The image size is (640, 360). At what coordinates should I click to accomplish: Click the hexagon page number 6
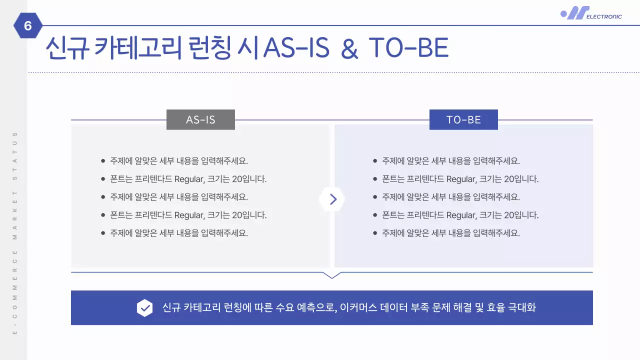pyautogui.click(x=28, y=25)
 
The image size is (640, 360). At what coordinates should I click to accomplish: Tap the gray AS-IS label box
pyautogui.click(x=200, y=120)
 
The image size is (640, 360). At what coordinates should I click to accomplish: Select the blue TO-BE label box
pyautogui.click(x=463, y=120)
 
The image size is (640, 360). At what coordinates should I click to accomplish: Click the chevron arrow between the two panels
pyautogui.click(x=332, y=199)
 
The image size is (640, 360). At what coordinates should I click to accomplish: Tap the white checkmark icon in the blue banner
pyautogui.click(x=145, y=308)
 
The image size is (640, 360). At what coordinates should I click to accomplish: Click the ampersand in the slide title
pyautogui.click(x=349, y=48)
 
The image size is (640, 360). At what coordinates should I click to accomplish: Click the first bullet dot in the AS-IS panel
pyautogui.click(x=103, y=161)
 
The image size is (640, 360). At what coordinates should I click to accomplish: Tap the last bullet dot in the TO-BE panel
pyautogui.click(x=375, y=233)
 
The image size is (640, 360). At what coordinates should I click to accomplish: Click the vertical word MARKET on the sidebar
pyautogui.click(x=15, y=210)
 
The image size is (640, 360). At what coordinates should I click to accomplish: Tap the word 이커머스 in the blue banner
pyautogui.click(x=357, y=307)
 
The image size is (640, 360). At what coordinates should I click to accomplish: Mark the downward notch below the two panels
pyautogui.click(x=332, y=275)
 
